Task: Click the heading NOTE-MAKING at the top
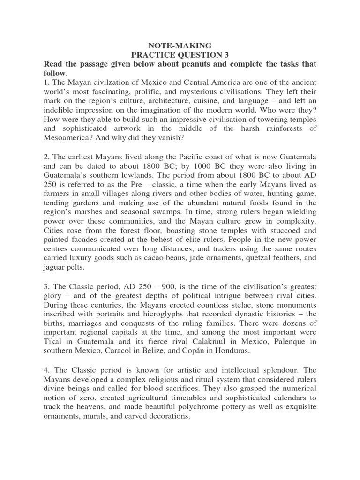pos(180,45)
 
